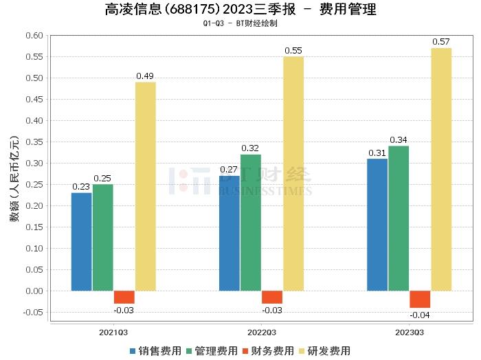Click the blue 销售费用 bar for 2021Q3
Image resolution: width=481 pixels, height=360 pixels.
81,241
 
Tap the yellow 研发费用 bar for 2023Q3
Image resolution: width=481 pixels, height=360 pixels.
441,169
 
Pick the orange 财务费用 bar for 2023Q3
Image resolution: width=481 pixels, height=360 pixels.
420,299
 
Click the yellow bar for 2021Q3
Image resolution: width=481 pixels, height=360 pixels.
145,186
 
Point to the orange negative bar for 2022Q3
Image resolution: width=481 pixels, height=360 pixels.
272,297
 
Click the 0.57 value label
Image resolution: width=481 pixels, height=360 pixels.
441,42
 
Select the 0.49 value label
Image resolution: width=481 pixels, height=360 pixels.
145,76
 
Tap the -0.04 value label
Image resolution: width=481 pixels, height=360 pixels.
420,315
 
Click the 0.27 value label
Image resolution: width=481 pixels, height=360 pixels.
230,169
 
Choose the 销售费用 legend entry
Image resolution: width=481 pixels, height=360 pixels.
155,350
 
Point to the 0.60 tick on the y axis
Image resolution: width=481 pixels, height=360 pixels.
33,36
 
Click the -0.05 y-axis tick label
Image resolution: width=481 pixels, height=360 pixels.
32,313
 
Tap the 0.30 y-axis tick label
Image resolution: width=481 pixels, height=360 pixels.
33,164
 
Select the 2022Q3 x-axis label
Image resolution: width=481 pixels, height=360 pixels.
261,331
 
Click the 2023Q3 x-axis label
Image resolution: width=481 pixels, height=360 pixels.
409,331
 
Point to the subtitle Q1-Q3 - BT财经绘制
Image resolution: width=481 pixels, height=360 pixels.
240,23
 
